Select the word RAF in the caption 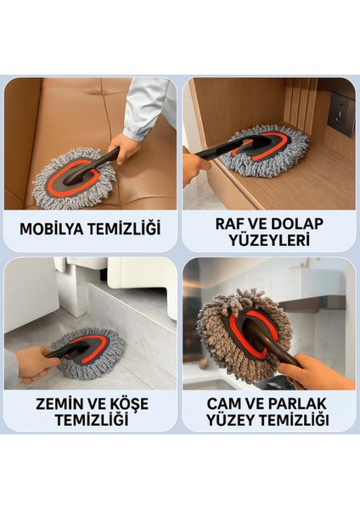pyautogui.click(x=220, y=223)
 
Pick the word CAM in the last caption pyautogui.click(x=213, y=403)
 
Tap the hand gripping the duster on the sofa pyautogui.click(x=128, y=149)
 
